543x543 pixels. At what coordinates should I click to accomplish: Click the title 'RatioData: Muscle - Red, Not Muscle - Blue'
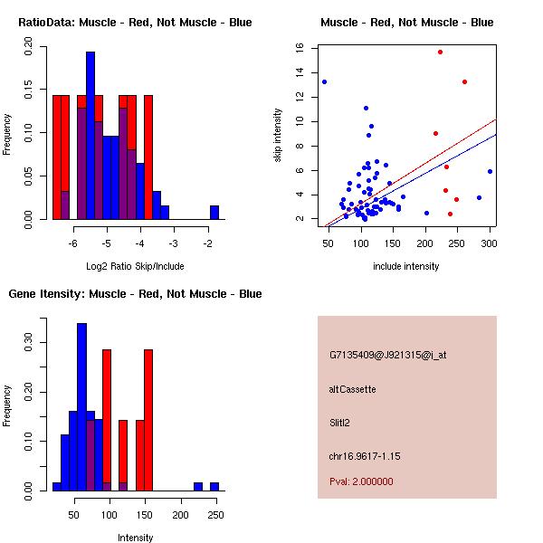tap(135, 22)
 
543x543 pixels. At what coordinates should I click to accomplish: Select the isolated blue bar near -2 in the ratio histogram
tap(214, 212)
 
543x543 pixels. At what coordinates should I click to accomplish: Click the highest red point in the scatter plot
tap(440, 52)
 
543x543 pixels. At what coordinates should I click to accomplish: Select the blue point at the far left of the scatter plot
tap(324, 81)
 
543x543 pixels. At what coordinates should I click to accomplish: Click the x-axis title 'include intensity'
tap(406, 267)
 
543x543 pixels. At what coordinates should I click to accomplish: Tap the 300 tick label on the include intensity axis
tap(490, 243)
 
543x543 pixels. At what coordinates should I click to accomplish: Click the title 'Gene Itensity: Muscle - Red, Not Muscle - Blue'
tap(135, 293)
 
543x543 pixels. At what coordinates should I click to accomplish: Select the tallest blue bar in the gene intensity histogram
tap(81, 406)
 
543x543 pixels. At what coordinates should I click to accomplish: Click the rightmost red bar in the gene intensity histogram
tap(148, 420)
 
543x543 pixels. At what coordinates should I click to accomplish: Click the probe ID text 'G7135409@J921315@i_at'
tap(387, 355)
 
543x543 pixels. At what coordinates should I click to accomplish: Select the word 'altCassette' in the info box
tap(352, 389)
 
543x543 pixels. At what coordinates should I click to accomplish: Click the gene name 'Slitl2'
tap(341, 422)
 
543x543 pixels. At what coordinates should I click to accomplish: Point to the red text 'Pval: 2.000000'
tap(361, 481)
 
